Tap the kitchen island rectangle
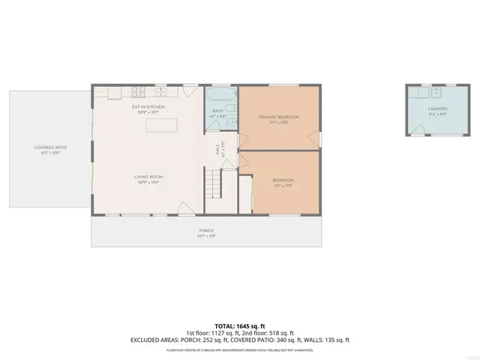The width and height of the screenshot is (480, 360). click(x=162, y=125)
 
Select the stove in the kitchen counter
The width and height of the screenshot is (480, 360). click(x=139, y=92)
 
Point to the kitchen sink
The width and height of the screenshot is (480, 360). click(x=160, y=92)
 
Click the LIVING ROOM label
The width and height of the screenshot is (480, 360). click(x=148, y=177)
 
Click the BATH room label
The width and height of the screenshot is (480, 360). click(x=217, y=114)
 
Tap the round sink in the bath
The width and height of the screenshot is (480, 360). click(x=232, y=124)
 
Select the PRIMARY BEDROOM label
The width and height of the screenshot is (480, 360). click(x=279, y=117)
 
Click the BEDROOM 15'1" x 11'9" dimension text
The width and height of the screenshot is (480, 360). click(x=283, y=185)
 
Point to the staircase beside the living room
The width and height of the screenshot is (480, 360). click(x=215, y=181)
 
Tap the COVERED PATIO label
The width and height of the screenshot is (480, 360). click(x=51, y=148)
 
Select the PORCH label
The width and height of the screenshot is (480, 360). click(x=206, y=230)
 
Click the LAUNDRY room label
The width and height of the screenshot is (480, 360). click(x=437, y=109)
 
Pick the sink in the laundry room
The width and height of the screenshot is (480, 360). click(x=435, y=94)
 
